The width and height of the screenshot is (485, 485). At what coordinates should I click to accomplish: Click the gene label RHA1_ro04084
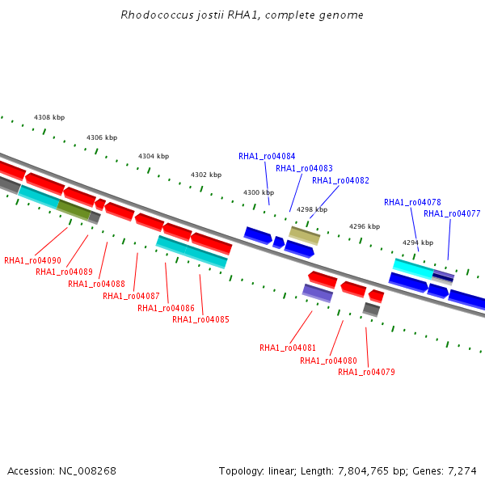pos(267,156)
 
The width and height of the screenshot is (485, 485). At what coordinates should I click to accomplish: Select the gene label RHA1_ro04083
pos(304,168)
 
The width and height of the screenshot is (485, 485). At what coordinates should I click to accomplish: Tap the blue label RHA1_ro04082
pos(340,180)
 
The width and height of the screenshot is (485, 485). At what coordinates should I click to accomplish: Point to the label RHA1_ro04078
pos(412,202)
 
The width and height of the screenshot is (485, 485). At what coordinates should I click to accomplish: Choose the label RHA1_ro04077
pos(452,213)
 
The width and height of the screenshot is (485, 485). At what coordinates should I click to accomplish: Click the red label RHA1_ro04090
pos(32,260)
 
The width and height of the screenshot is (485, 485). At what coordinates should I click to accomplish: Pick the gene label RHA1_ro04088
pos(96,284)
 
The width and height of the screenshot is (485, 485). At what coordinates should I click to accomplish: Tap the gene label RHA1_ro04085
pos(200,319)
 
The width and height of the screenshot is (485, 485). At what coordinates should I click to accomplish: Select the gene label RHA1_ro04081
pos(288,348)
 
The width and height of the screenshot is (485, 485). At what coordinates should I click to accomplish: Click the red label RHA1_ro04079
pos(366,372)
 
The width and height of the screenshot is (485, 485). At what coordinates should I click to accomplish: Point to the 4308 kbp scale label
pos(49,117)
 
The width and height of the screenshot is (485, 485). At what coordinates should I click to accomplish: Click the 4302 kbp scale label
pos(206,175)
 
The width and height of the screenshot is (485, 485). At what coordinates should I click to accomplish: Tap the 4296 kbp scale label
pos(365,226)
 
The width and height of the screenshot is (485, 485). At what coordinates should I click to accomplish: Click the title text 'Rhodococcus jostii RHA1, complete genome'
pos(242,15)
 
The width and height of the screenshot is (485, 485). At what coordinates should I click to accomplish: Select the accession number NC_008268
pos(87,471)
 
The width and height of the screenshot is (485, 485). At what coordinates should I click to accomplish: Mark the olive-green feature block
pos(74,210)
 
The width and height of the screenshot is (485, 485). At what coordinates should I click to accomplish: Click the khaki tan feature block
pos(305,236)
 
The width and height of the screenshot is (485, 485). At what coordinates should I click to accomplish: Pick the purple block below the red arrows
pos(318,293)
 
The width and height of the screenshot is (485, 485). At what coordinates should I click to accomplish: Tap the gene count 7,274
pos(462,471)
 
